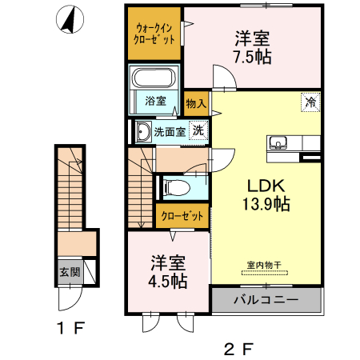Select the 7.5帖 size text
pos(252,58)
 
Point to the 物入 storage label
pos(196,103)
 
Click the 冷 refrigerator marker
pos(308,102)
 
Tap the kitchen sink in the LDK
pos(279,143)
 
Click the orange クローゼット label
pos(182,215)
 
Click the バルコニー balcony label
pos(266,301)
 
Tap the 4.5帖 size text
pos(168,282)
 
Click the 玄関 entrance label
pos(66,271)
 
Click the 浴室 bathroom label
pos(155,101)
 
